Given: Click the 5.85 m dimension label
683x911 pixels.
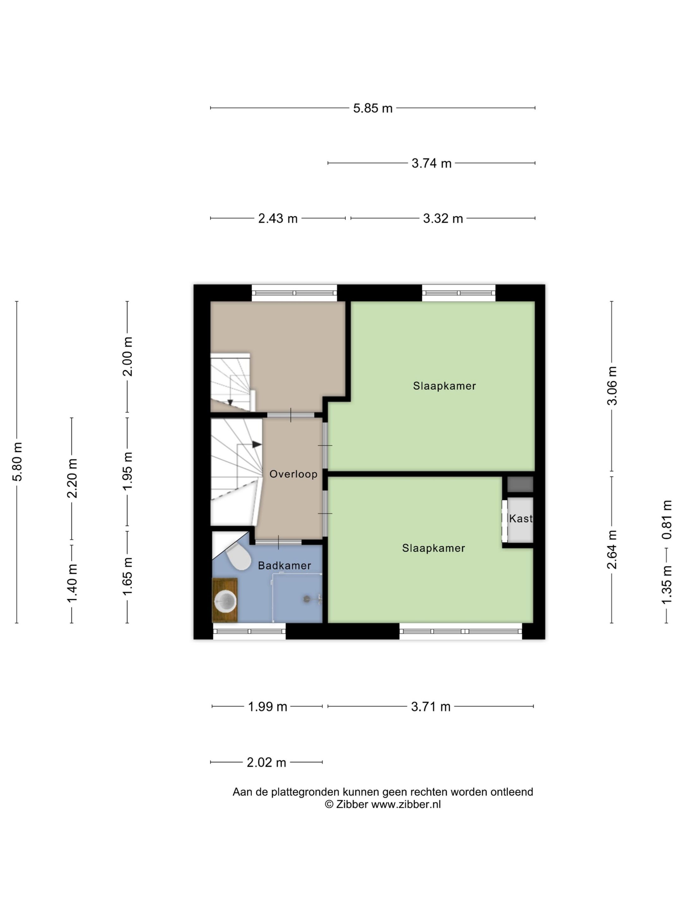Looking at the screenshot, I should click(372, 108).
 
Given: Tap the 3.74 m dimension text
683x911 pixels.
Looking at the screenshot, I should click(431, 164).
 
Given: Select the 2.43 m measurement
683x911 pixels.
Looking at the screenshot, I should click(278, 218).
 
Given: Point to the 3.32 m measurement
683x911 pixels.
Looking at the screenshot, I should click(443, 218).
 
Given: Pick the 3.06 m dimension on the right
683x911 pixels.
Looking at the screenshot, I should click(612, 386).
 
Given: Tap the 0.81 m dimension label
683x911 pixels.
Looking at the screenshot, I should click(667, 520).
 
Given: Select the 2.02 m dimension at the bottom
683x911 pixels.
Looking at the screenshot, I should click(266, 762).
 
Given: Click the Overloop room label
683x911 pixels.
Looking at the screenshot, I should click(293, 474).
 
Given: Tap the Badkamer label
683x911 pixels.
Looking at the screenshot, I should click(284, 566).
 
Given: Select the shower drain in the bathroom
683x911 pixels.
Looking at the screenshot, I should click(307, 599).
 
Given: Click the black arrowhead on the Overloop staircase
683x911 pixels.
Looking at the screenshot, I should click(256, 444).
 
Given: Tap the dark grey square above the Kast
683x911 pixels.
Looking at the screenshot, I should click(520, 485).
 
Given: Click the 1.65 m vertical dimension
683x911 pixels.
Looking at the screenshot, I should click(128, 576).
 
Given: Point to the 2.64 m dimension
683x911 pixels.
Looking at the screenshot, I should click(612, 549).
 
